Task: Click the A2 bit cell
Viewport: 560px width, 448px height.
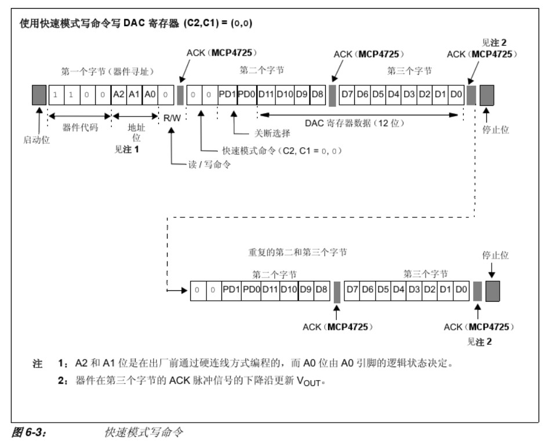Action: coord(118,94)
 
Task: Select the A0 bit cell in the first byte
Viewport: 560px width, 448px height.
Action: coord(150,94)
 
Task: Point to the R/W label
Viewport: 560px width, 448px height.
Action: coord(172,118)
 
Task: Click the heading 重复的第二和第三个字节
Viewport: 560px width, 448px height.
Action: coord(297,253)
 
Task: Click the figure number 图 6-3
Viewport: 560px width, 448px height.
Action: coord(29,432)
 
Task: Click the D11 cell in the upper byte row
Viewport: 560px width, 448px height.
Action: coord(266,94)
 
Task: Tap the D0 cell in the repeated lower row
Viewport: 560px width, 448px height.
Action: coord(460,289)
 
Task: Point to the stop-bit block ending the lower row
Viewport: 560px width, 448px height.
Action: coord(493,289)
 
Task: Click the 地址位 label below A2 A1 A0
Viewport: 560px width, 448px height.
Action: coord(137,132)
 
